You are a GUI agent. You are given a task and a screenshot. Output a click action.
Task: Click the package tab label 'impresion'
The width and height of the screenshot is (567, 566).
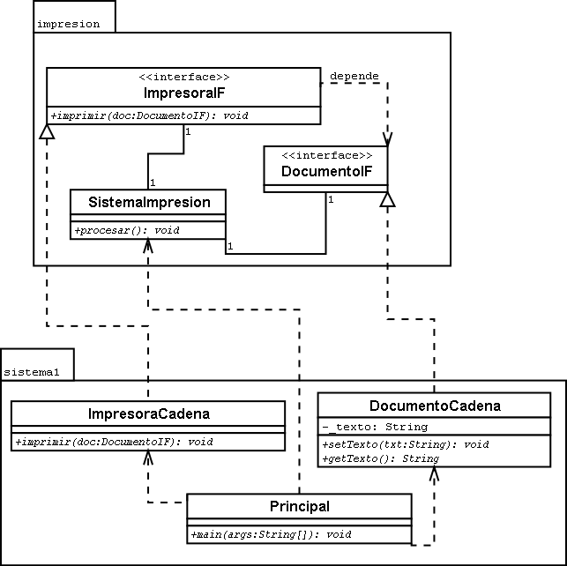pyautogui.click(x=69, y=24)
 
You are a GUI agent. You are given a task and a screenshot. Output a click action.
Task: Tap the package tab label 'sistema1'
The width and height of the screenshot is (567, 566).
pyautogui.click(x=32, y=372)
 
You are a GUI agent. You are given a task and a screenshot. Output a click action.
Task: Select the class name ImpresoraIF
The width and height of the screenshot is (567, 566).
pyautogui.click(x=184, y=93)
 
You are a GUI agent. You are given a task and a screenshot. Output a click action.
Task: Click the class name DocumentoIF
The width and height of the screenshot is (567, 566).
pyautogui.click(x=326, y=171)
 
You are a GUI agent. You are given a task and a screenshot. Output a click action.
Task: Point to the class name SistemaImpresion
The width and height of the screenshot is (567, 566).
pyautogui.click(x=149, y=202)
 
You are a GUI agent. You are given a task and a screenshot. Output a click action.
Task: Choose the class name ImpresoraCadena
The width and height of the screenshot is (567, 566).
pyautogui.click(x=149, y=413)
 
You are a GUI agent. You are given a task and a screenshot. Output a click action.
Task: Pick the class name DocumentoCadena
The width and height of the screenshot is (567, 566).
pyautogui.click(x=435, y=406)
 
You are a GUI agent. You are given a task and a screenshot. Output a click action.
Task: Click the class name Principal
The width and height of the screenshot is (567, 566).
pyautogui.click(x=300, y=506)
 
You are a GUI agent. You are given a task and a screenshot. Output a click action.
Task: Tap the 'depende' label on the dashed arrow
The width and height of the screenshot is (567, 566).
pyautogui.click(x=354, y=77)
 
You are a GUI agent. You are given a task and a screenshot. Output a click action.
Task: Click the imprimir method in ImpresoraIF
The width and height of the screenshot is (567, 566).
pyautogui.click(x=150, y=115)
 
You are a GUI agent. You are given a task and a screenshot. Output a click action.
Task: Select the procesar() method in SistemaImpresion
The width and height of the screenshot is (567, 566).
pyautogui.click(x=127, y=230)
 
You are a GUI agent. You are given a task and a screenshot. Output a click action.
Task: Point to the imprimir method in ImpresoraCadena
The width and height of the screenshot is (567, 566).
pyautogui.click(x=115, y=442)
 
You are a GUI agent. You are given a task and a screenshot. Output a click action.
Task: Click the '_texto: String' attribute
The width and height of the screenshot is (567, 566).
pyautogui.click(x=375, y=427)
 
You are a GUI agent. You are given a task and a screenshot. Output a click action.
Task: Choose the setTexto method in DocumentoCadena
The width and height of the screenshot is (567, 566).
pyautogui.click(x=406, y=444)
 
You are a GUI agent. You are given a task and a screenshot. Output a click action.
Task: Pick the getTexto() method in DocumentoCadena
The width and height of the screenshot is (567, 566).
pyautogui.click(x=380, y=458)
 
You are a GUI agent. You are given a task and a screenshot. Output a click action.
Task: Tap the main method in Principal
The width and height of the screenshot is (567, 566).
pyautogui.click(x=271, y=534)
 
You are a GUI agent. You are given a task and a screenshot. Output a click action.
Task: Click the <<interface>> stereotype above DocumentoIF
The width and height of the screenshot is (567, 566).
pyautogui.click(x=327, y=155)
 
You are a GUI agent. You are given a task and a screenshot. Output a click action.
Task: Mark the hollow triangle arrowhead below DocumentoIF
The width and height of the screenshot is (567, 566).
pyautogui.click(x=388, y=199)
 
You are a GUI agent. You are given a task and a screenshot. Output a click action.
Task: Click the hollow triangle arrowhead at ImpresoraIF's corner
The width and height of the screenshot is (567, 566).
pyautogui.click(x=47, y=131)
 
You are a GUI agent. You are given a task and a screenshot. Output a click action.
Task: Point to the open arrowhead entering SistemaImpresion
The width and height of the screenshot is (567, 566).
pyautogui.click(x=148, y=246)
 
